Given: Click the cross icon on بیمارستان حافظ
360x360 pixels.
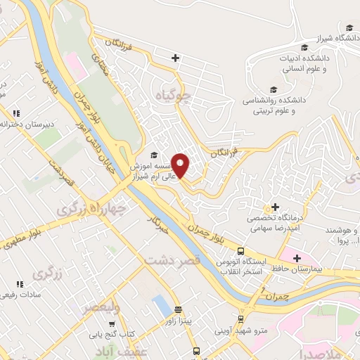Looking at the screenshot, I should pos(297,260).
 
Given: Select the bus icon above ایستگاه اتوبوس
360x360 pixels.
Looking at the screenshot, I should pos(240,251).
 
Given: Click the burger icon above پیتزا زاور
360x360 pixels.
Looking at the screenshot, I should pos(178,309).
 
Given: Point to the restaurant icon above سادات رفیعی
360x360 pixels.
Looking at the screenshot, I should pos(20,283).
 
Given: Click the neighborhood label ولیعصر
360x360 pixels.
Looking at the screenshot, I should pos(101,307).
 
